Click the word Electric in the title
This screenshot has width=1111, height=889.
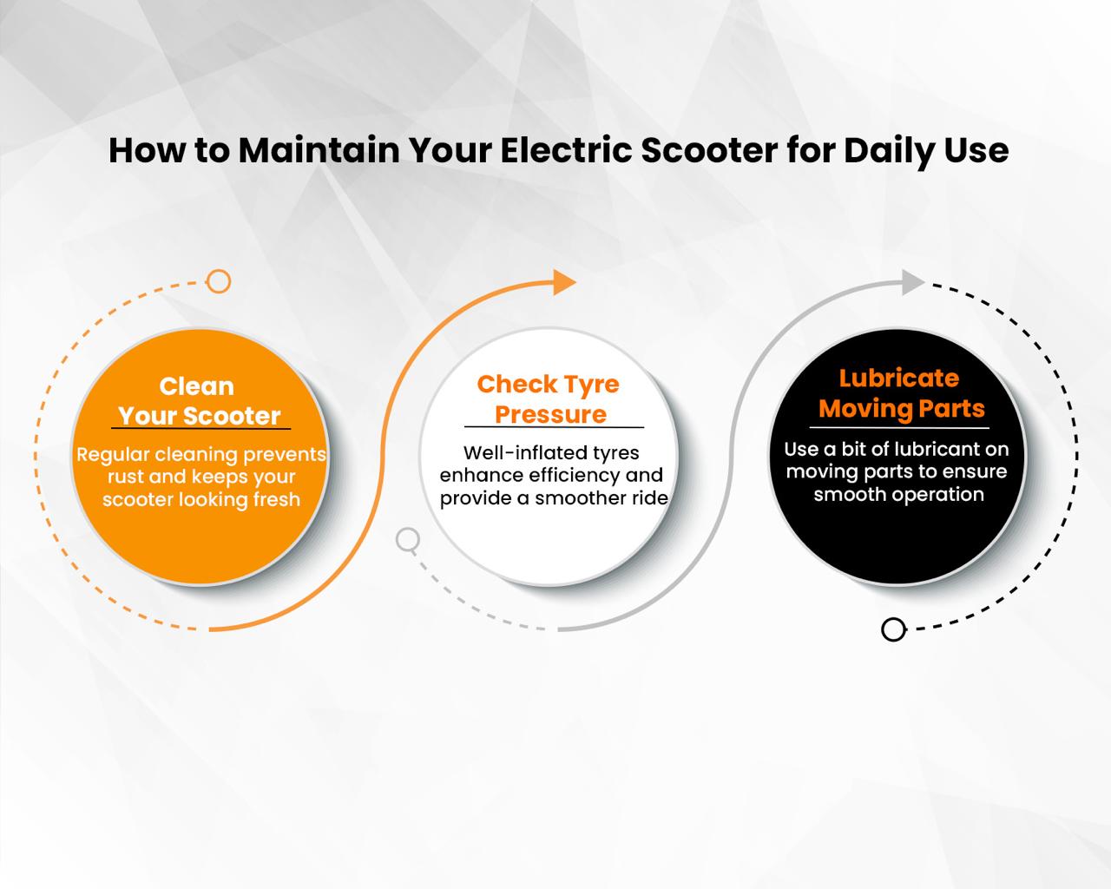point(566,150)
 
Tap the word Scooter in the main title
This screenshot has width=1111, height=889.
point(709,150)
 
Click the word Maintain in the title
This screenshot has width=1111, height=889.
point(319,150)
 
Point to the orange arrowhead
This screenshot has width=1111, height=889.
point(564,282)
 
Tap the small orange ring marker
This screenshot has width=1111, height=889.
point(219,281)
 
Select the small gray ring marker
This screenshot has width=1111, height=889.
point(408,540)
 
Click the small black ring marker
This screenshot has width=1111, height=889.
point(893,629)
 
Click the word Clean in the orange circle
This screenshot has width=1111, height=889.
point(197,386)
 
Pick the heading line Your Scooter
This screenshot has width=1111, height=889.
point(200,416)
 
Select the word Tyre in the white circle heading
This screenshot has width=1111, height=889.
point(591,385)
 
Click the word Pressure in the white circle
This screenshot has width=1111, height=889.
point(551,414)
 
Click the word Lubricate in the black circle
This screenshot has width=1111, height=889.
point(899,379)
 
